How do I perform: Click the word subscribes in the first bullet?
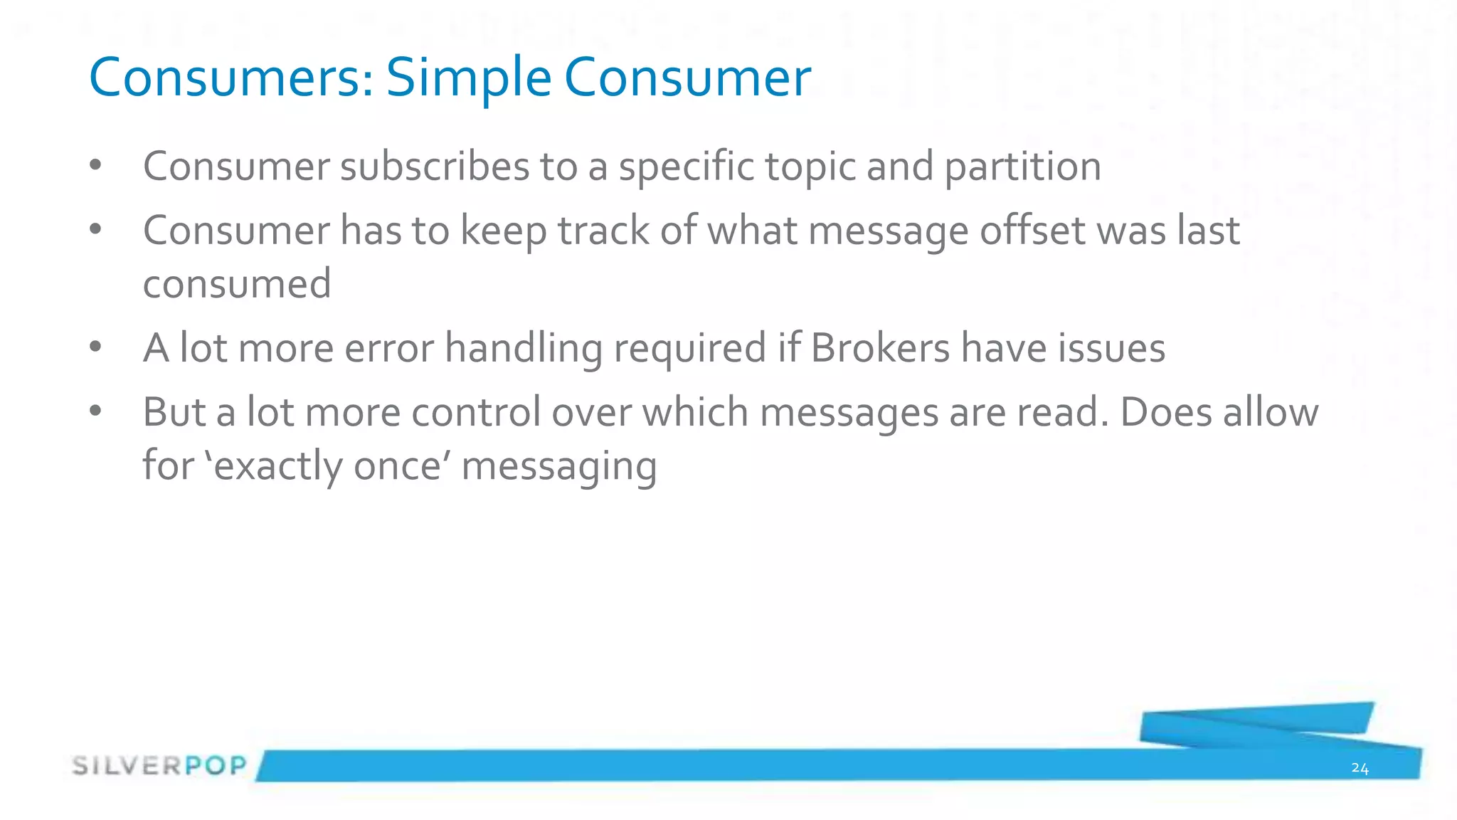click(x=435, y=167)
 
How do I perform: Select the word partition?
click(x=1022, y=167)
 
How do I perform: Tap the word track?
click(x=603, y=231)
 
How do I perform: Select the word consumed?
click(x=237, y=283)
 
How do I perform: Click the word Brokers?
click(x=880, y=348)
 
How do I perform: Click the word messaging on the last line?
click(x=558, y=466)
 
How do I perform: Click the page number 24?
click(x=1360, y=768)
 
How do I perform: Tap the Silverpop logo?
click(x=159, y=766)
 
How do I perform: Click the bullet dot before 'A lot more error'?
click(x=96, y=347)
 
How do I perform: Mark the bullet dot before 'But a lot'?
click(x=96, y=411)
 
